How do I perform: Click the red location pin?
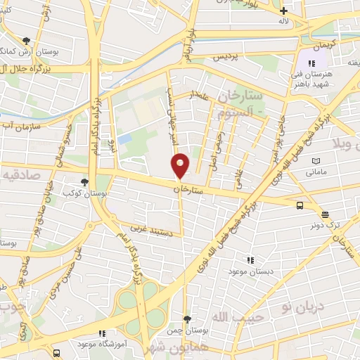tap(180, 165)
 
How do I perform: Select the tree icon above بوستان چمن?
tap(186, 319)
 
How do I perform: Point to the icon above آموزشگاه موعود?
tap(103, 333)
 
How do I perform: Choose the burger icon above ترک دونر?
tap(325, 215)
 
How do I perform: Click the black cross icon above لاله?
tap(283, 11)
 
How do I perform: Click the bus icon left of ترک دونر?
tap(300, 206)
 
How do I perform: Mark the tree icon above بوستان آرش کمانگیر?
tap(27, 41)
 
